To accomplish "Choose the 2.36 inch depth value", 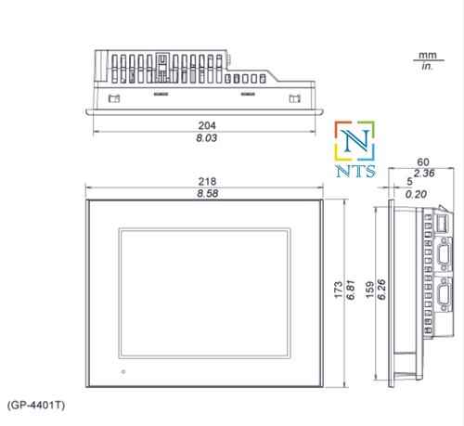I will click(x=424, y=173).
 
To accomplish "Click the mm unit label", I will click(x=429, y=56).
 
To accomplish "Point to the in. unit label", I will click(x=429, y=67).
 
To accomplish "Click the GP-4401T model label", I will click(x=36, y=406).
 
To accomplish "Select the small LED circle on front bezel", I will click(x=121, y=373).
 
